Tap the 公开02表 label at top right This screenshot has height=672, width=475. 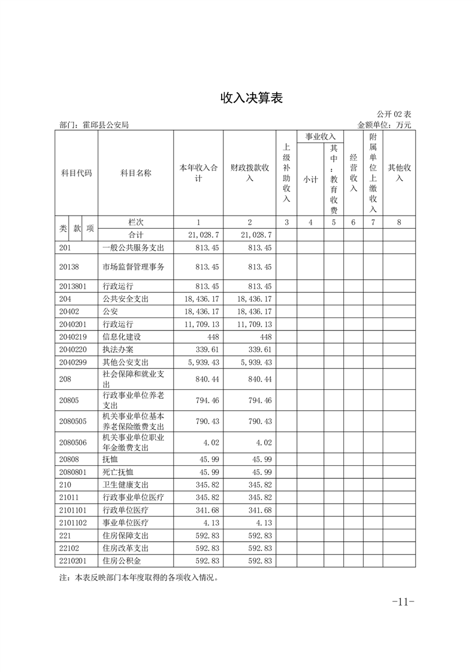[x=394, y=114]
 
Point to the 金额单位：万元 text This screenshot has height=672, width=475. [x=384, y=125]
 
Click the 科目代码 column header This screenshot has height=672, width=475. [x=76, y=173]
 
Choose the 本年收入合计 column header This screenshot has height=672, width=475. [x=198, y=173]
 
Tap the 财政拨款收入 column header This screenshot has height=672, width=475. [x=250, y=173]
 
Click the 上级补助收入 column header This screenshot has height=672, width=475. [x=286, y=173]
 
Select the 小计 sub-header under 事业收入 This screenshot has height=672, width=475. [x=310, y=179]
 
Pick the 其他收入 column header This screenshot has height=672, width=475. [x=400, y=173]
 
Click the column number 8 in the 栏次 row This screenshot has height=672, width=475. [x=400, y=222]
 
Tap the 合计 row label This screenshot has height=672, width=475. [x=136, y=235]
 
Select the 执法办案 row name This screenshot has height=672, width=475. [x=118, y=349]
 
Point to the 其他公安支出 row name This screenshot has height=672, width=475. [x=126, y=362]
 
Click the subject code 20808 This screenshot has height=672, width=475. [x=69, y=459]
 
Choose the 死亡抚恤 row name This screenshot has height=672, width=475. [x=118, y=472]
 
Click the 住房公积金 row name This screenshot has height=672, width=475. [x=122, y=561]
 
